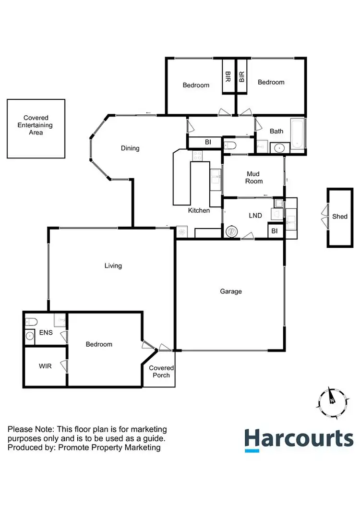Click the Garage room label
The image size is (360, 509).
click(x=231, y=291)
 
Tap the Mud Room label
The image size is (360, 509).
click(x=254, y=177)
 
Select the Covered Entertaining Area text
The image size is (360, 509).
click(x=36, y=125)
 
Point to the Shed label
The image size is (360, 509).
click(x=340, y=217)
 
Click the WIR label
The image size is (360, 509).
click(x=45, y=366)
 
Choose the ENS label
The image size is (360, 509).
click(x=46, y=332)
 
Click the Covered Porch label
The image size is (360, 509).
click(x=161, y=372)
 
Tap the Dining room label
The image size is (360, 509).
click(x=130, y=148)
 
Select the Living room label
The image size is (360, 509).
click(x=113, y=266)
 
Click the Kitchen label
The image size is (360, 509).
click(x=199, y=210)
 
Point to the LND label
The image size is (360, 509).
click(x=255, y=216)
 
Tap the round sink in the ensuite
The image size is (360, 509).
click(x=30, y=336)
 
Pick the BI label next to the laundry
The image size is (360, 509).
click(x=275, y=231)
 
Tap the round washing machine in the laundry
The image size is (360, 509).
click(x=231, y=231)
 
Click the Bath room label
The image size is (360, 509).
click(x=276, y=131)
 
